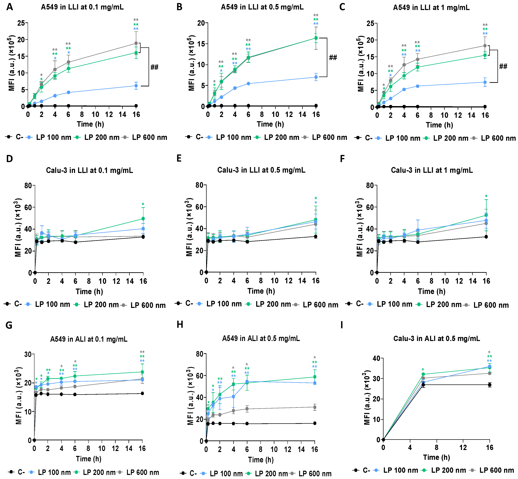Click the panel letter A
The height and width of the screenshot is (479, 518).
click(x=10, y=7)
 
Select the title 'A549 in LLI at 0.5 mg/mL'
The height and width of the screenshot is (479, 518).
click(x=262, y=7)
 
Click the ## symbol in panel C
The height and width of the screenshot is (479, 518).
click(x=503, y=66)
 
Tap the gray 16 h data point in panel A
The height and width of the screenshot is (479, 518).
click(x=136, y=43)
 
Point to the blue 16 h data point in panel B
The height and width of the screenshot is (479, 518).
click(x=316, y=77)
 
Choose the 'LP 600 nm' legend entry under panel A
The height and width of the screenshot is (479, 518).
click(x=149, y=137)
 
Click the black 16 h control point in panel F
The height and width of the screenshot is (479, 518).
click(x=486, y=237)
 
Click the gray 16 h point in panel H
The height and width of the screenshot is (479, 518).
click(x=315, y=407)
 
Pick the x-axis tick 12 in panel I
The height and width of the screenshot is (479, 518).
click(x=463, y=447)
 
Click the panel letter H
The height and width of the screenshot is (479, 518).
click(x=180, y=324)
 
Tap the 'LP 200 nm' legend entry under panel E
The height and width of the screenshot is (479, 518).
click(x=273, y=304)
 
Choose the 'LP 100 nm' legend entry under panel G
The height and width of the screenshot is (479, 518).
click(x=54, y=472)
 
